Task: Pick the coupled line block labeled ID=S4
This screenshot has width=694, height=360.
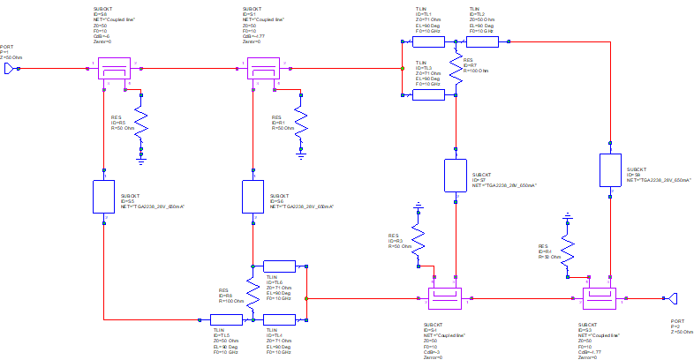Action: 444,298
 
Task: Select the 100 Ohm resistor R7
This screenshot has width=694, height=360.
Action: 456,67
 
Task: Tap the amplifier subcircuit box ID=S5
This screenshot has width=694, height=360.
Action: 104,196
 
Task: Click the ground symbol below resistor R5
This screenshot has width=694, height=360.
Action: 140,159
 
